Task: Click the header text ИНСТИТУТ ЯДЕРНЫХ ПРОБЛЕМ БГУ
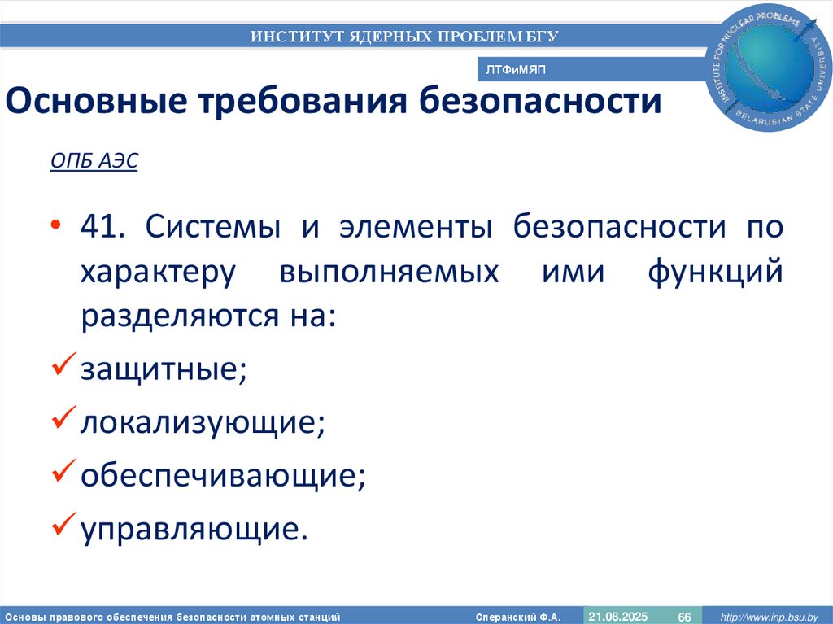(x=404, y=36)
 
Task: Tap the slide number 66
(x=684, y=616)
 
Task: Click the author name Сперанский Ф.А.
(x=518, y=617)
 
